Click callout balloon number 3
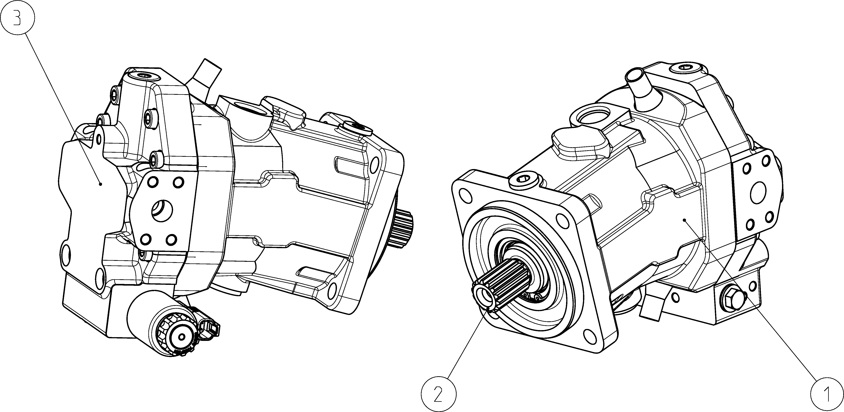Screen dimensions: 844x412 [x=17, y=17]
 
